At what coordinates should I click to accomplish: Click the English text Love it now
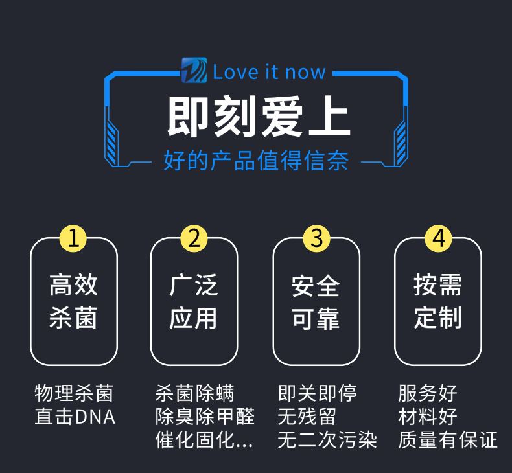click(269, 71)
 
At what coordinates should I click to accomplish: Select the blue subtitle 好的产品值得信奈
click(256, 161)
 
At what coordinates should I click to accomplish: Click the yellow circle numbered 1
click(73, 238)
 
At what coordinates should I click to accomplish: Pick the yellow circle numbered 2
click(194, 238)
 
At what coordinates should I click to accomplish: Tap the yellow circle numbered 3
click(316, 238)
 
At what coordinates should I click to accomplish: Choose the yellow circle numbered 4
click(438, 238)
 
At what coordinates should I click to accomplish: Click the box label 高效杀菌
click(73, 301)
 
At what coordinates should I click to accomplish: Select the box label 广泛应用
click(194, 301)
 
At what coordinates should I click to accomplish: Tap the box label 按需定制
click(438, 301)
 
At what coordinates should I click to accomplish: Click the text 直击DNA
click(75, 417)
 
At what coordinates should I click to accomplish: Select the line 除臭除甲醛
click(205, 417)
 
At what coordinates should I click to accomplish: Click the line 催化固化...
click(204, 441)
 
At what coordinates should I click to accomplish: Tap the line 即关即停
click(317, 393)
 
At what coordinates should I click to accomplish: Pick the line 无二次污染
click(327, 441)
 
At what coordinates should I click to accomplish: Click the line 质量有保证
click(448, 441)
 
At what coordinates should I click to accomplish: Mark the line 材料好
click(428, 417)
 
